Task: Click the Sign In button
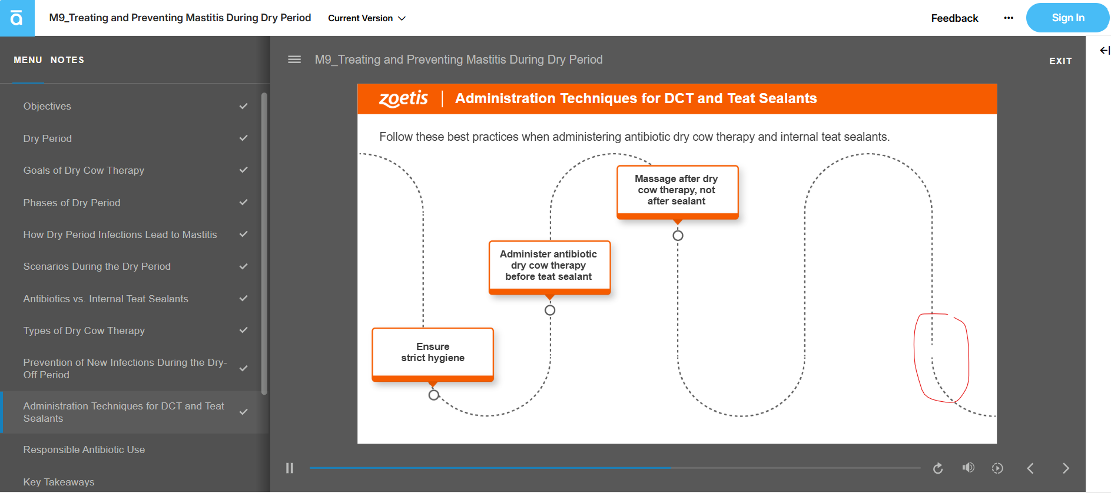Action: (1067, 18)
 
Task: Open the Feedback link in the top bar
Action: (954, 18)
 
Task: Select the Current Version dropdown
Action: (367, 18)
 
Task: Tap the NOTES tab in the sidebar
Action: (67, 60)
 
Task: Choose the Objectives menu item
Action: (47, 106)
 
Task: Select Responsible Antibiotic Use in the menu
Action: (84, 450)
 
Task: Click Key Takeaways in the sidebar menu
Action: (59, 482)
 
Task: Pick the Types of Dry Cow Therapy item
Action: (84, 331)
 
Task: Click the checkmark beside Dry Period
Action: (244, 138)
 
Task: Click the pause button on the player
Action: (290, 468)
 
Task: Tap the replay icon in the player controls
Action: (938, 468)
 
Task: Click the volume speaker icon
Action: (968, 468)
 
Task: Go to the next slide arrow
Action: (1066, 468)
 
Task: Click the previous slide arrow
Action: (1030, 468)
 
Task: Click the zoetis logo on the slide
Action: (403, 98)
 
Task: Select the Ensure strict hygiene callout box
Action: (433, 354)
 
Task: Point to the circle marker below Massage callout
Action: (678, 236)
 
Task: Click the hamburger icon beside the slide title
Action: (294, 60)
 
